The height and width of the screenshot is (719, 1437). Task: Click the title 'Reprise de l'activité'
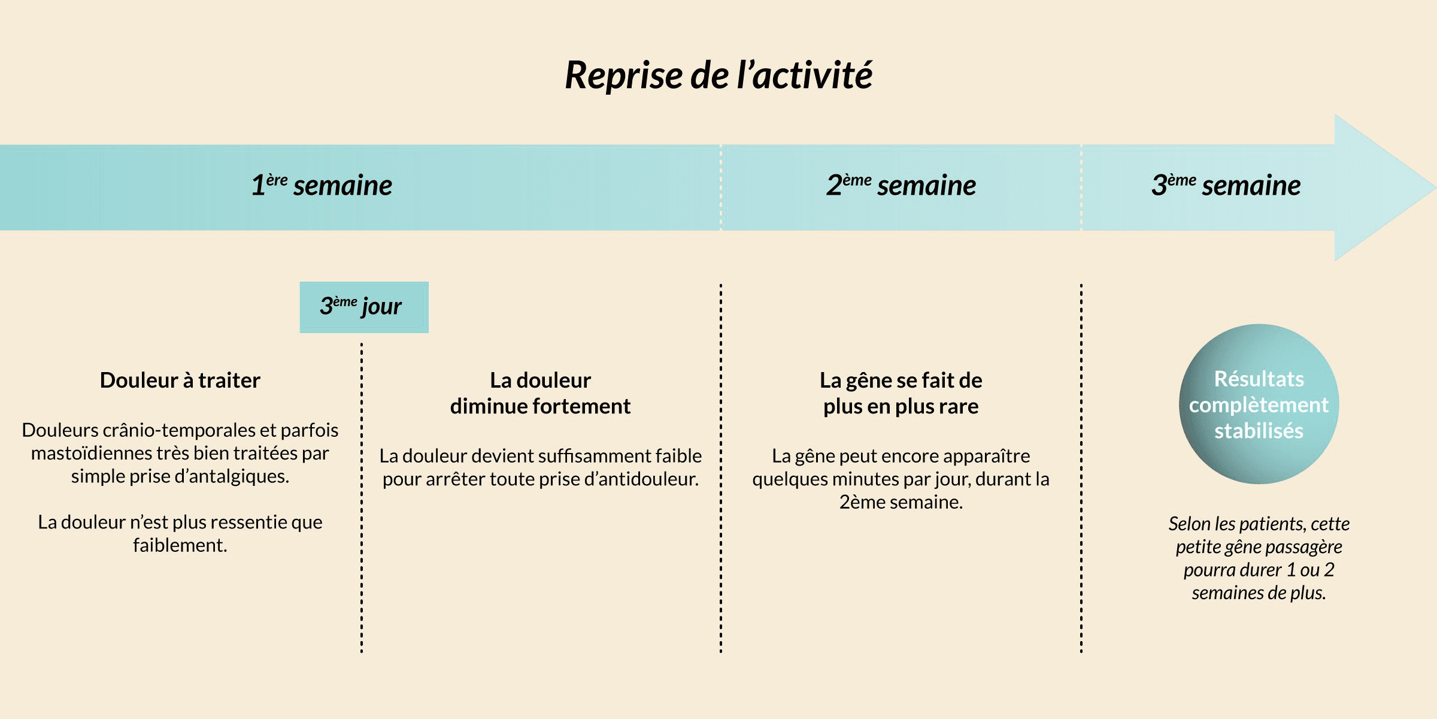pos(718,75)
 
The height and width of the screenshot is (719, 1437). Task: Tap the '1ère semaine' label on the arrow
pos(322,185)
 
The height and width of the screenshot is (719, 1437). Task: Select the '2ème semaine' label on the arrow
pos(901,185)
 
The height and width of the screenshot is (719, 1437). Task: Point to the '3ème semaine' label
pos(1226,185)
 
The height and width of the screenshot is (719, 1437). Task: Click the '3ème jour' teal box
pos(364,307)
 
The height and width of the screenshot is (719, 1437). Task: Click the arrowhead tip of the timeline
pos(1435,188)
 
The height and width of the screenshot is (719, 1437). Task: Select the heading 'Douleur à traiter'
pos(180,380)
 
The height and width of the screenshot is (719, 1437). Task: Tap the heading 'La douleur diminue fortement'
pos(540,393)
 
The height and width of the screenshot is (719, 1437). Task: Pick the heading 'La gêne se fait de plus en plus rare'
pos(901,393)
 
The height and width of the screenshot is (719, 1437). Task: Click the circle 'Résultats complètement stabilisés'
pos(1259,404)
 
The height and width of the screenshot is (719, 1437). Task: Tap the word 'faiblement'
pos(178,545)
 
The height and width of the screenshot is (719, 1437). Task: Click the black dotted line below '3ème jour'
pos(362,498)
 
